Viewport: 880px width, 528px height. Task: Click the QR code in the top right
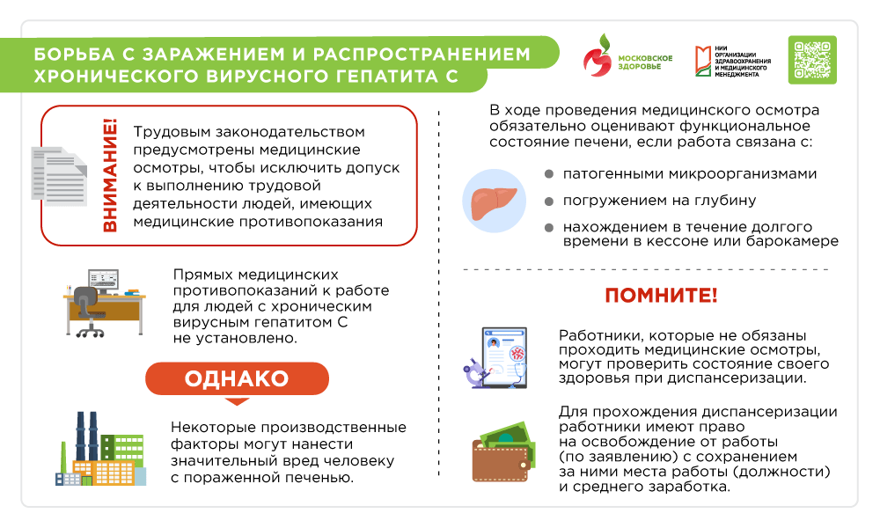(811, 60)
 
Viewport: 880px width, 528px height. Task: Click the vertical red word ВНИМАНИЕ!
(110, 176)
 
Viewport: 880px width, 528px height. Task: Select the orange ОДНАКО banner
(237, 378)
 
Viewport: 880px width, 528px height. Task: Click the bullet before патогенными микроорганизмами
(548, 174)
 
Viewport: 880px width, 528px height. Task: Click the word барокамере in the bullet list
(795, 241)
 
